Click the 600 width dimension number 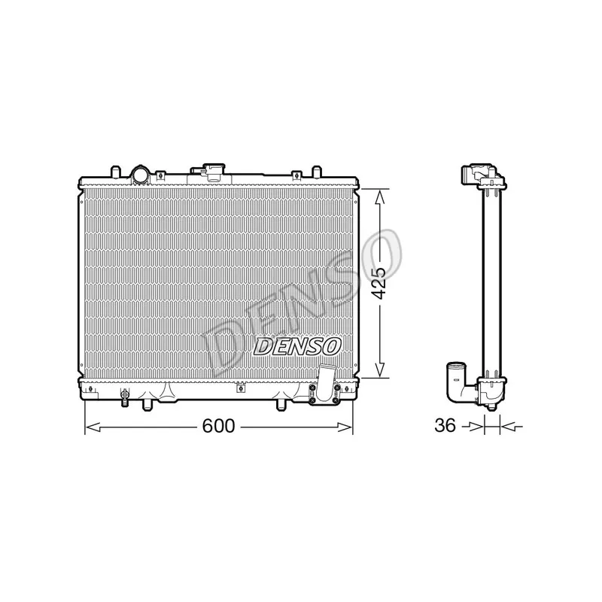(217, 426)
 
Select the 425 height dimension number (381, 282)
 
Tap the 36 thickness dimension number (446, 426)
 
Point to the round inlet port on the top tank (141, 175)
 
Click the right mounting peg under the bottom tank (282, 407)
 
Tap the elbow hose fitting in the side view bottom (457, 379)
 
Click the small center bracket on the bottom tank (240, 389)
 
